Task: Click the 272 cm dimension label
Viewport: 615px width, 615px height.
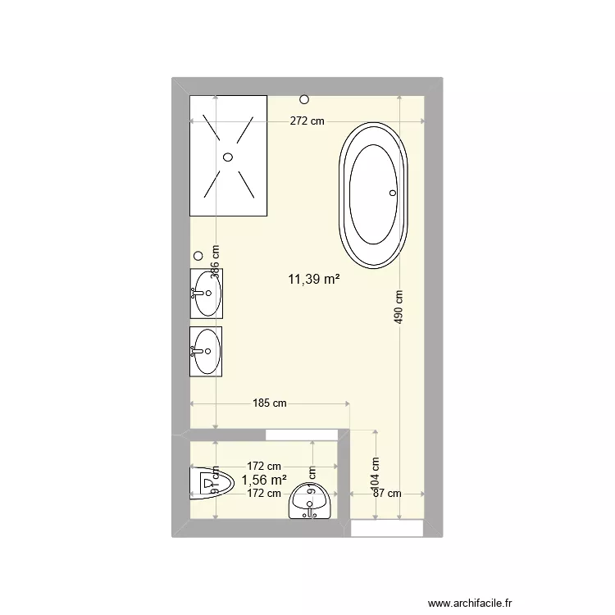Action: (307, 121)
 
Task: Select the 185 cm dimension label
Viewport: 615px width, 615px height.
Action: (270, 403)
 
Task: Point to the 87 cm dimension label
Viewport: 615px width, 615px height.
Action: (387, 494)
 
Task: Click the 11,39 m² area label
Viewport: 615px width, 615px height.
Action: (313, 280)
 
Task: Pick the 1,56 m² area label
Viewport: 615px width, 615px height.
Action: (264, 481)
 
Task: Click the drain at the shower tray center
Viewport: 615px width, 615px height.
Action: (228, 156)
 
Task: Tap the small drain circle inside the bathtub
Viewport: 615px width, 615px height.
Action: (392, 193)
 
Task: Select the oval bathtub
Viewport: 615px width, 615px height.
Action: (373, 195)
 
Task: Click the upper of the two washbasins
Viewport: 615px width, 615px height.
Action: (207, 293)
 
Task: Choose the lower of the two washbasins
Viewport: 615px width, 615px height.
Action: (207, 351)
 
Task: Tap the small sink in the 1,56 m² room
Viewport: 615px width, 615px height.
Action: (310, 500)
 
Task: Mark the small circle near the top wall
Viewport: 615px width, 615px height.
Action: (304, 99)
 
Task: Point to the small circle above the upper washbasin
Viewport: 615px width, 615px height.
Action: (198, 256)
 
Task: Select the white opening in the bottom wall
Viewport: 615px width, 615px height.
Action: (387, 529)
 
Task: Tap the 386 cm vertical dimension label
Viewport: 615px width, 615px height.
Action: (215, 263)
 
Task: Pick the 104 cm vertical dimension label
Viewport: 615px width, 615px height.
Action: (375, 472)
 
